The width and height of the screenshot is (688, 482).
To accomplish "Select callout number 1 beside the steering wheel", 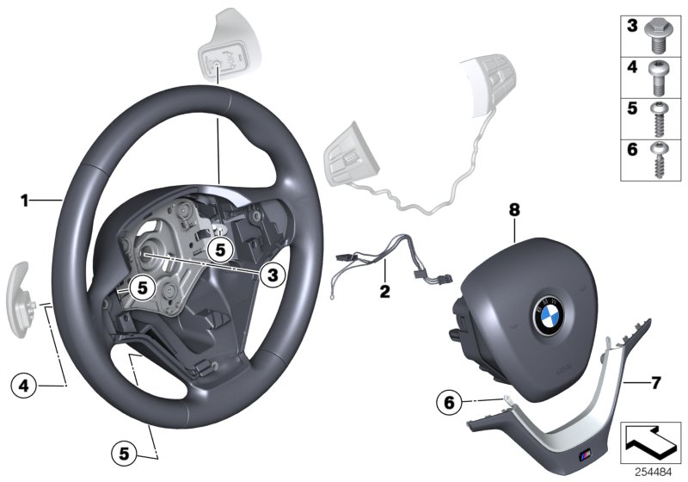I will point(26,201).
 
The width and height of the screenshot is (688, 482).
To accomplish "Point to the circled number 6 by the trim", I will point(448,401).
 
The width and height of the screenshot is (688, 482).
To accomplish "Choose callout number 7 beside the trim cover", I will point(656,380).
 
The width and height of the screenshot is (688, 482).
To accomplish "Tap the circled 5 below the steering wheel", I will point(125,450).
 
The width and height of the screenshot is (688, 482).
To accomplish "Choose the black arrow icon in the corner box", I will point(652,442).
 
